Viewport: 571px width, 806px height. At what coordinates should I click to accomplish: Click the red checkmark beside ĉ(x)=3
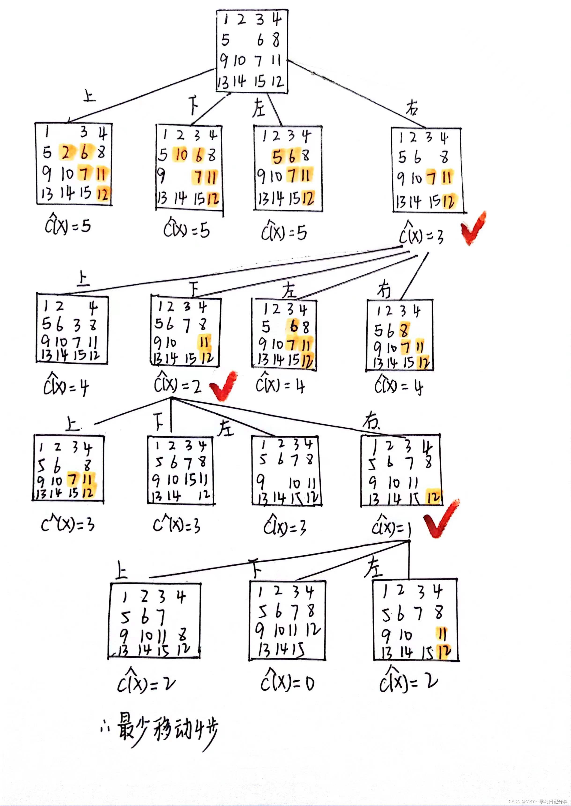(473, 228)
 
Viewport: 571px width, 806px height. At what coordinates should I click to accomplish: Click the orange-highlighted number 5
(277, 157)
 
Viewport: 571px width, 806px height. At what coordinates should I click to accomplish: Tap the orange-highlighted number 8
(404, 330)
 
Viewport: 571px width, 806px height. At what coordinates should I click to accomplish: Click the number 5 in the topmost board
(225, 40)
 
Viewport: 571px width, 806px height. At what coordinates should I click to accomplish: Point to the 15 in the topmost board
(260, 82)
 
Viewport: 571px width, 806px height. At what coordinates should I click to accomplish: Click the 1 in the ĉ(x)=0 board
(260, 593)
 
